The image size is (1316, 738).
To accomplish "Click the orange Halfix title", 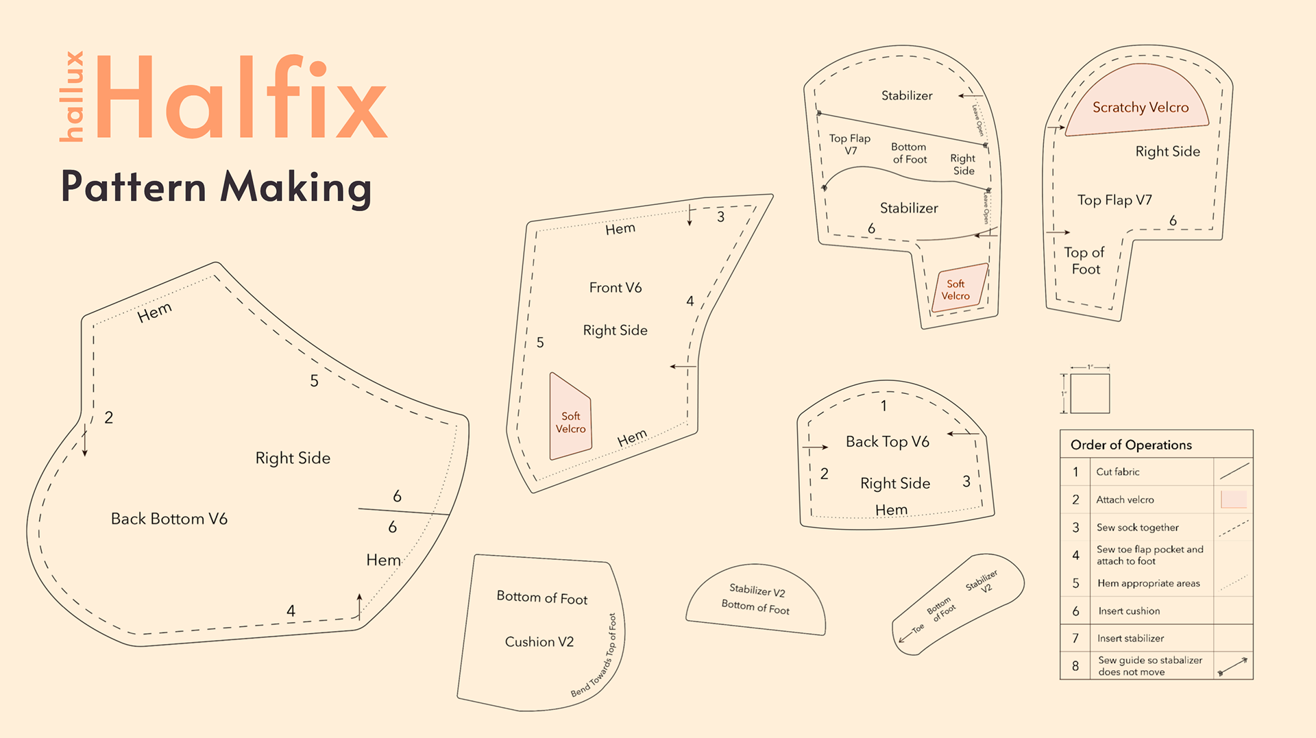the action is pyautogui.click(x=241, y=97).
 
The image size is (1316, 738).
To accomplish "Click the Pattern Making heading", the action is pyautogui.click(x=217, y=187).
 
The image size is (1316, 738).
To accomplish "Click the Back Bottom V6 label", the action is pyautogui.click(x=169, y=519).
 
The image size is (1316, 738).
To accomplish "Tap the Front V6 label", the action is pyautogui.click(x=616, y=288).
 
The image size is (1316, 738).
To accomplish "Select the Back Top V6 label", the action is pyautogui.click(x=887, y=442).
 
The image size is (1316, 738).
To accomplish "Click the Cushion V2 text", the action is pyautogui.click(x=539, y=642).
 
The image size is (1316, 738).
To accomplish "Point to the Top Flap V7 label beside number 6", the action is pyautogui.click(x=1114, y=200).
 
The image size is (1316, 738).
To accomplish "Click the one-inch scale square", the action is pyautogui.click(x=1090, y=393).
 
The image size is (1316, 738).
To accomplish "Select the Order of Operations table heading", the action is pyautogui.click(x=1131, y=445).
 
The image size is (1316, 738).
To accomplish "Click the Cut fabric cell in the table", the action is pyautogui.click(x=1118, y=472).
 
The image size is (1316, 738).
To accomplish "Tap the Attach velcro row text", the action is pyautogui.click(x=1125, y=500).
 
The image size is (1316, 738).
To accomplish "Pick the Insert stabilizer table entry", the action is pyautogui.click(x=1130, y=638).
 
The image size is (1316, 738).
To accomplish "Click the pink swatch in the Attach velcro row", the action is pyautogui.click(x=1234, y=499).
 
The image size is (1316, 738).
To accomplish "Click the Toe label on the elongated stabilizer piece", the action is pyautogui.click(x=918, y=628).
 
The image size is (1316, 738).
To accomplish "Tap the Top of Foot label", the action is pyautogui.click(x=1084, y=261).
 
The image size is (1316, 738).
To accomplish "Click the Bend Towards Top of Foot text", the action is pyautogui.click(x=594, y=656).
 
